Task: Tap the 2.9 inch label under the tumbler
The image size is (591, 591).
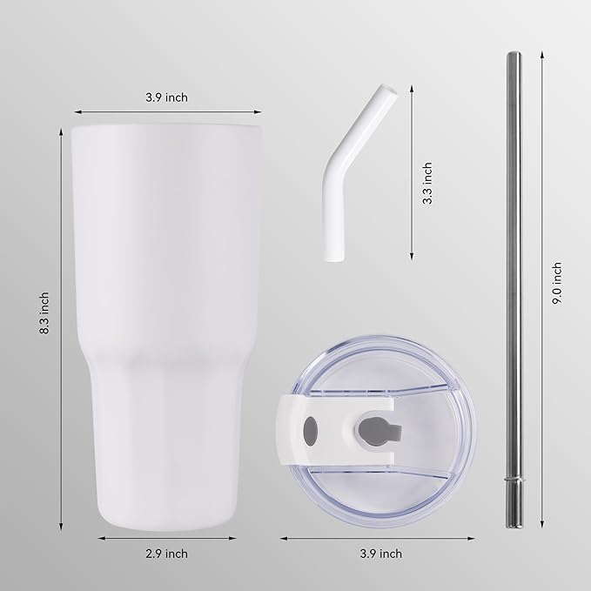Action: click(x=167, y=553)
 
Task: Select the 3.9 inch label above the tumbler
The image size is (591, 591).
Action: click(x=167, y=97)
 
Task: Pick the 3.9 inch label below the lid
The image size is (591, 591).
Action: click(x=380, y=553)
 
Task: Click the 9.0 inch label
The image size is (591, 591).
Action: click(x=557, y=283)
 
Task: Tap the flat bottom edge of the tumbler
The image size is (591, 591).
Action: click(x=167, y=524)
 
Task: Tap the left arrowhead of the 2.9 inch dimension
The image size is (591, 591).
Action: click(x=98, y=539)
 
